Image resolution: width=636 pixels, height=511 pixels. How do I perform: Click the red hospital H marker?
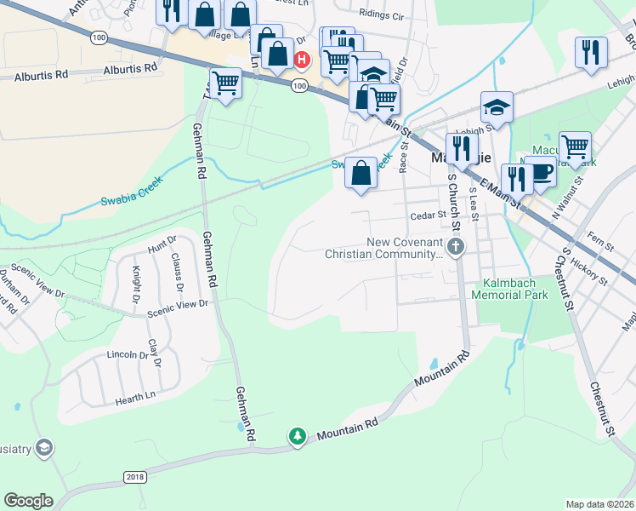click(x=301, y=60)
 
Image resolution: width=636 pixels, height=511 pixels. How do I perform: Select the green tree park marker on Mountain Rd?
click(x=297, y=436)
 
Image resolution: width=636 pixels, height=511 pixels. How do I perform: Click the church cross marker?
click(x=457, y=248)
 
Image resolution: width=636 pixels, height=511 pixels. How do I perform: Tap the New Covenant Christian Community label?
click(x=405, y=248)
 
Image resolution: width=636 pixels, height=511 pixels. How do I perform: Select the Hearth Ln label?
click(x=137, y=395)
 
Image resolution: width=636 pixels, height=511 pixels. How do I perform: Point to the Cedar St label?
click(x=428, y=215)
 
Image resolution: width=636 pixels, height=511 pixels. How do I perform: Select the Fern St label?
click(x=600, y=245)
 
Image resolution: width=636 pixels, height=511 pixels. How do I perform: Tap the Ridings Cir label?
click(x=382, y=14)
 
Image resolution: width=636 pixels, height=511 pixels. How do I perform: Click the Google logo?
click(x=29, y=501)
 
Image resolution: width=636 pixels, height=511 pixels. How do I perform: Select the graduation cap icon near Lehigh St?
click(x=497, y=107)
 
